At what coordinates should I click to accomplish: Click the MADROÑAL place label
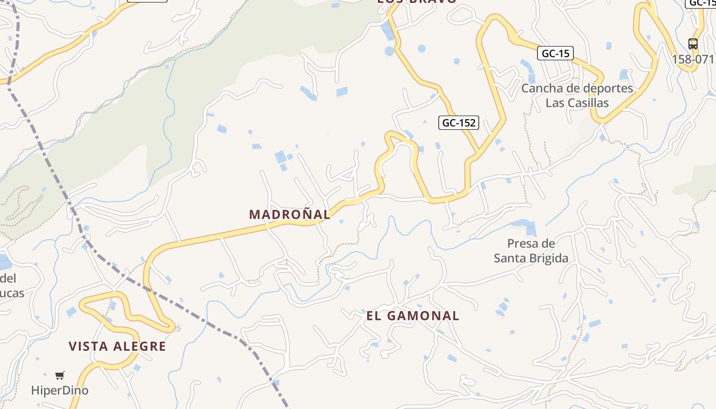290,215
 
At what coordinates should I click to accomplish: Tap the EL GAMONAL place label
413,316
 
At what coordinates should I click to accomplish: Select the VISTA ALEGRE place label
118,347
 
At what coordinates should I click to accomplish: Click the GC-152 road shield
459,123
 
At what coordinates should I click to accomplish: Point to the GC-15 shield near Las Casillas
555,53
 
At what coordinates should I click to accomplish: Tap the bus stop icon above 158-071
693,44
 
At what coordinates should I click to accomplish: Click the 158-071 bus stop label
693,59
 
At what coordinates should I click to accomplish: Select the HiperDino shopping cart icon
60,376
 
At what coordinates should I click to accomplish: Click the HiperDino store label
60,391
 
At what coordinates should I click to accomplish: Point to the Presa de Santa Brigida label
531,251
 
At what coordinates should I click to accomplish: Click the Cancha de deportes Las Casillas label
577,95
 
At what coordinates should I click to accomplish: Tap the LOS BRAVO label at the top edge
417,2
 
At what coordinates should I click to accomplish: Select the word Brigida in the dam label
549,258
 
